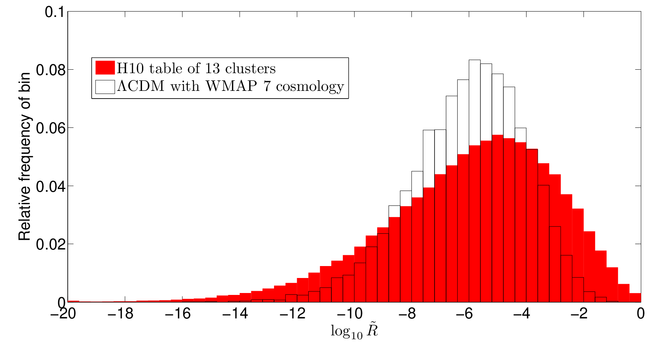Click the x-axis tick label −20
click(63, 314)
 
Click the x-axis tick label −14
click(235, 314)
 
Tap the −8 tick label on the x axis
click(407, 314)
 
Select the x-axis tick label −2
click(579, 314)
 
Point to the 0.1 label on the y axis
click(55, 12)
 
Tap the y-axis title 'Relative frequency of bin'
click(24, 156)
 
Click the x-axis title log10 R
click(354, 331)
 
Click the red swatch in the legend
click(105, 68)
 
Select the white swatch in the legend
click(105, 87)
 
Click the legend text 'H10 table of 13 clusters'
click(196, 69)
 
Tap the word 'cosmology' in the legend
click(310, 87)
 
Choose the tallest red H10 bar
click(497, 218)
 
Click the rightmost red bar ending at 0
click(635, 298)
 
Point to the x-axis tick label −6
click(464, 314)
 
